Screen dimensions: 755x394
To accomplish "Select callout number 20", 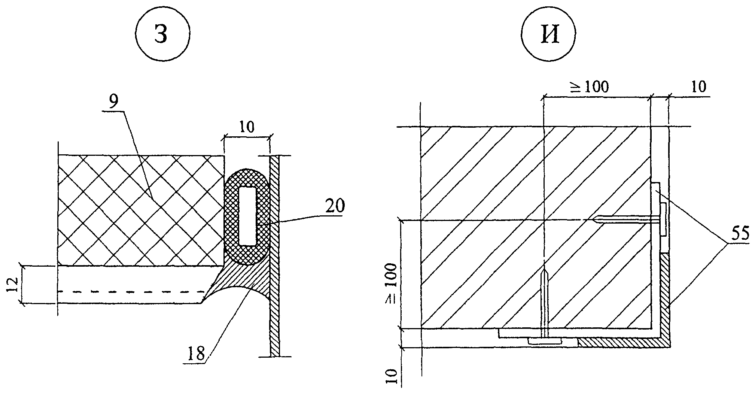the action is [x=335, y=207].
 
